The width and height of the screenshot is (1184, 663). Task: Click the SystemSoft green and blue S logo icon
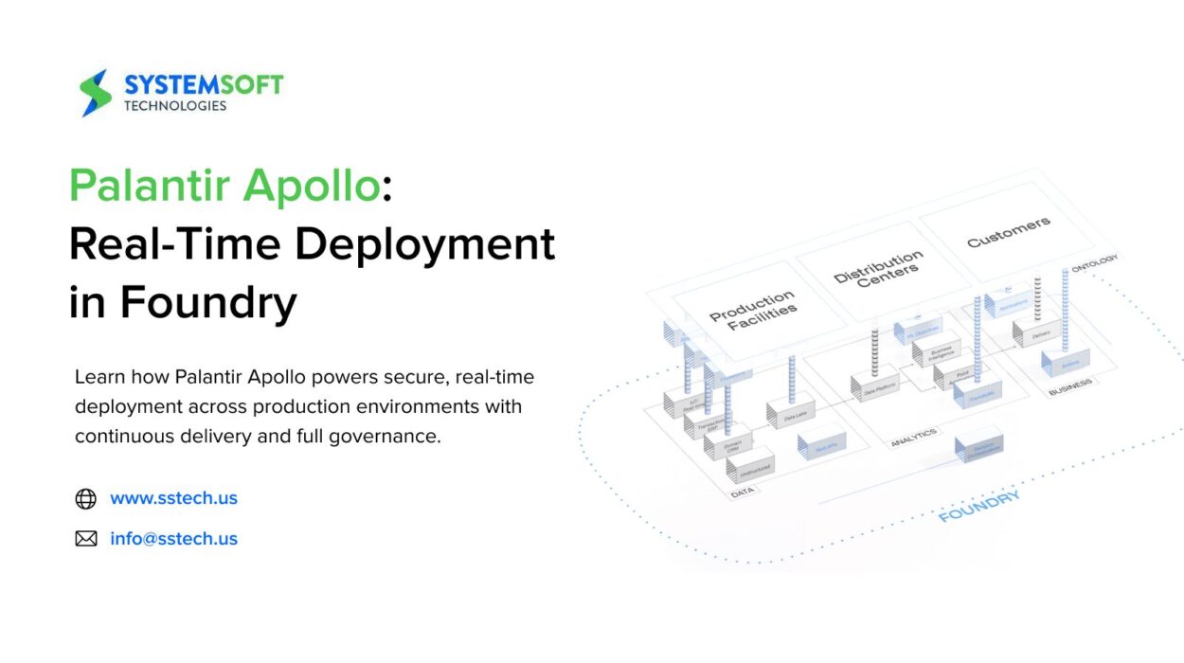[x=96, y=93]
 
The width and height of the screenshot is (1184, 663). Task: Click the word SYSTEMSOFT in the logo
[x=203, y=85]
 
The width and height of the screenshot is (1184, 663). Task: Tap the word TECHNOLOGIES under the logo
[x=175, y=106]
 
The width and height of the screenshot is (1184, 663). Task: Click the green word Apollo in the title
[x=312, y=185]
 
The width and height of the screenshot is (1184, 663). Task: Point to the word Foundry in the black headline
[x=208, y=302]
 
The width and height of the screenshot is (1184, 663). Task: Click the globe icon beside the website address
[x=86, y=498]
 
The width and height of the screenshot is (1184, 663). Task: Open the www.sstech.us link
[x=173, y=498]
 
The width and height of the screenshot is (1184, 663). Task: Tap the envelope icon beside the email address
[x=86, y=539]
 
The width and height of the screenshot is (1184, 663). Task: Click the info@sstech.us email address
[x=173, y=539]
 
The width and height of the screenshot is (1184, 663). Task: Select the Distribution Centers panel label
[x=878, y=267]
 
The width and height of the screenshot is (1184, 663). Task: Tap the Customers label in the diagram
[x=1008, y=231]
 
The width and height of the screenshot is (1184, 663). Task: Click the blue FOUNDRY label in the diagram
[x=979, y=508]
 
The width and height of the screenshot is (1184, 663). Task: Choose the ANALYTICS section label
[x=913, y=437]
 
